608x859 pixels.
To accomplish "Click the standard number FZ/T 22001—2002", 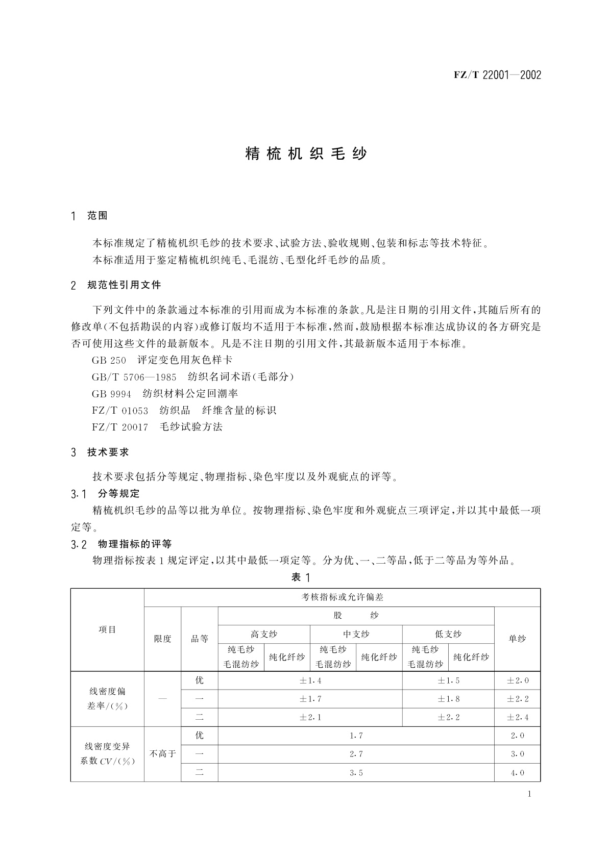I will tap(497, 75).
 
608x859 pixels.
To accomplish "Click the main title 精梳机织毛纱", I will tap(306, 154).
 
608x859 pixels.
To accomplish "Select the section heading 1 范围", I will tap(90, 216).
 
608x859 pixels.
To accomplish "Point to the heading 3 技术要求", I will tap(100, 452).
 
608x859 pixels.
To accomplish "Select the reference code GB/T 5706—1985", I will tap(134, 377).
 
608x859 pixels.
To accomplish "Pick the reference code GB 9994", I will tap(111, 394).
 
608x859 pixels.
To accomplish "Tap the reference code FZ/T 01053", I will tap(120, 410).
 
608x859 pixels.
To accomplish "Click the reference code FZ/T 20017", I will tap(120, 427).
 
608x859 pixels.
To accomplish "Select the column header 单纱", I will tap(517, 639).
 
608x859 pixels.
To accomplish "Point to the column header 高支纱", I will tap(263, 634).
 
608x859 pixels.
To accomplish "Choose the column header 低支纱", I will tap(448, 634).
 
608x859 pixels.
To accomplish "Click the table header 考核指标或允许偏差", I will tap(342, 597).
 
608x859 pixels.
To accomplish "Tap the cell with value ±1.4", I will tap(310, 680).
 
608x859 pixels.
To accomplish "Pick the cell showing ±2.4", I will tap(517, 717).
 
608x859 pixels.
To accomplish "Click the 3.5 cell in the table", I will tap(356, 772).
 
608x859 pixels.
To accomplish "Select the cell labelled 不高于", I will tap(162, 754).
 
